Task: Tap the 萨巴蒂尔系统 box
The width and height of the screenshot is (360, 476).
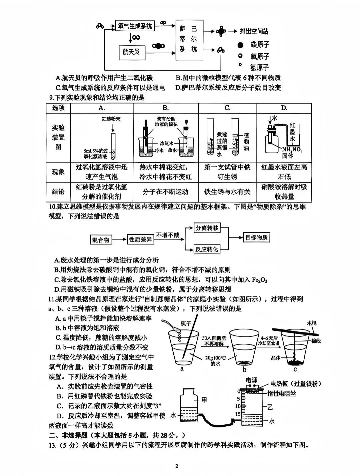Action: (189, 39)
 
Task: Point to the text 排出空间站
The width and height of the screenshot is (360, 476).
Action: (254, 31)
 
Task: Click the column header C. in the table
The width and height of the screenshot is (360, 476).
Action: (227, 108)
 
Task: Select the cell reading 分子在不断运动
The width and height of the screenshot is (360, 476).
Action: (165, 192)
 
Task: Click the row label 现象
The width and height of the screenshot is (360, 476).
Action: (58, 172)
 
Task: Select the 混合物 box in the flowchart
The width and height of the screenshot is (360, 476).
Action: (101, 240)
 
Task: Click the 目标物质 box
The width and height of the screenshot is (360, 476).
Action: (256, 238)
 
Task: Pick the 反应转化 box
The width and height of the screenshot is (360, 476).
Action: (207, 249)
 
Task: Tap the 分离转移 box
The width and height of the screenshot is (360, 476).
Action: (207, 228)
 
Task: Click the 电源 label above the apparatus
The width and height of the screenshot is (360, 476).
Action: (251, 380)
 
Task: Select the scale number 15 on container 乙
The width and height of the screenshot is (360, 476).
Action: (237, 414)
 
